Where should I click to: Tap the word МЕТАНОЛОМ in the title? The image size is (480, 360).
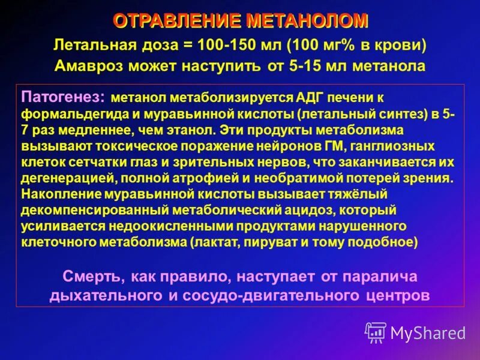(306, 21)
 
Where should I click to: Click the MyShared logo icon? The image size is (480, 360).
(376, 332)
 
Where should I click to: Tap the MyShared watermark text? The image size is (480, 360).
(428, 332)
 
